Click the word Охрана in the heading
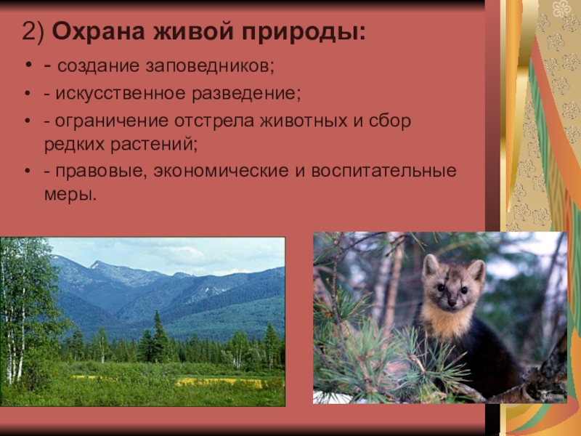point(98,31)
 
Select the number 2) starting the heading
point(33,32)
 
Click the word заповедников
point(209,66)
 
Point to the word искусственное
point(120,94)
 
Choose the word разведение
point(246,94)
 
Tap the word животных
point(304,121)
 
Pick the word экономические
point(221,171)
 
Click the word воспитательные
point(384,171)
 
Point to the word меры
point(70,195)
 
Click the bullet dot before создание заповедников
point(28,65)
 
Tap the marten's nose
point(452,303)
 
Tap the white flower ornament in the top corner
point(561,8)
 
